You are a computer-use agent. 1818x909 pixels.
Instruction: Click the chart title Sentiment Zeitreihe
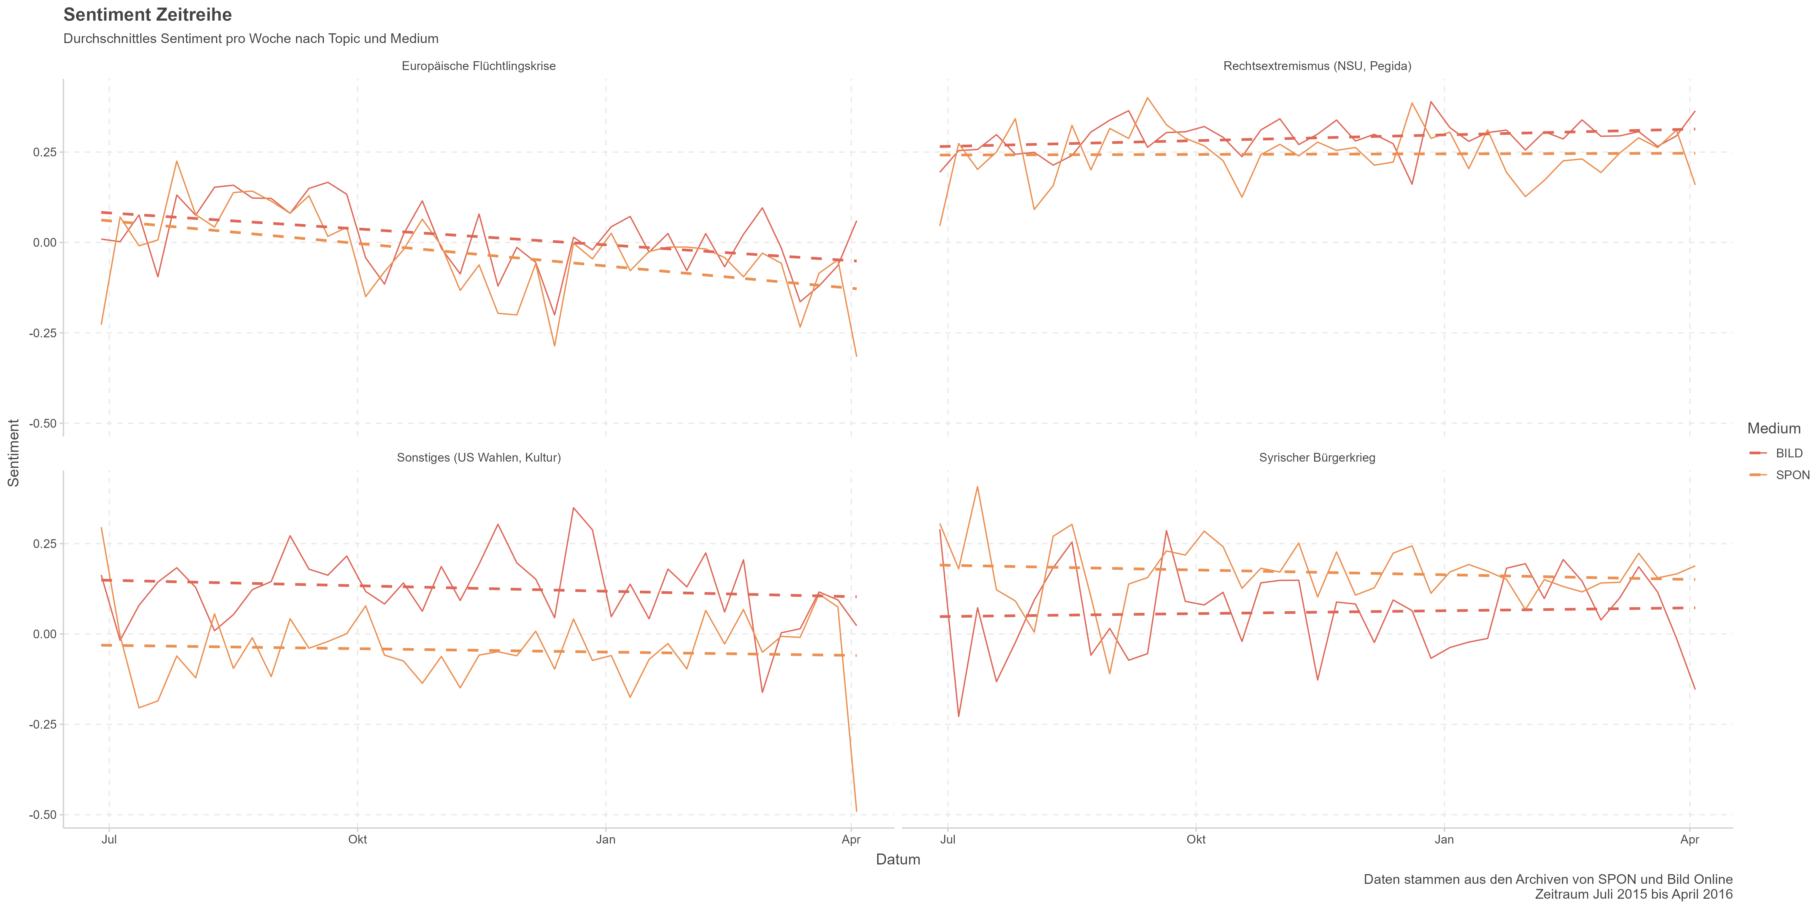(x=148, y=15)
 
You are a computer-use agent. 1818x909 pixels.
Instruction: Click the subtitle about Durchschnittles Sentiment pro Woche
(x=251, y=39)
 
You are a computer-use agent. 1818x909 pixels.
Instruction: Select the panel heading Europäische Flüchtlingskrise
(x=478, y=66)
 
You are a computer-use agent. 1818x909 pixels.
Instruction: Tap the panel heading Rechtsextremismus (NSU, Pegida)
(x=1317, y=66)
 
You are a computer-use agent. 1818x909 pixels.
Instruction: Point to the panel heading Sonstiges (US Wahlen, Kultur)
(x=478, y=458)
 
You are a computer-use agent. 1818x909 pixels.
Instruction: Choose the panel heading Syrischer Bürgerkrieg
(x=1317, y=458)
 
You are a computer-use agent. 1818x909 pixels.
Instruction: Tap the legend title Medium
(x=1773, y=428)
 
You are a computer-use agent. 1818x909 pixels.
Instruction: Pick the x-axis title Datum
(x=898, y=860)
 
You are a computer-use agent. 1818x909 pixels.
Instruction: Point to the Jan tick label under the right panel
(x=1444, y=840)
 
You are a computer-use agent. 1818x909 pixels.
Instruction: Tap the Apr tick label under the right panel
(x=1690, y=840)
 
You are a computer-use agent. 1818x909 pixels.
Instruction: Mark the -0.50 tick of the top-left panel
(x=42, y=423)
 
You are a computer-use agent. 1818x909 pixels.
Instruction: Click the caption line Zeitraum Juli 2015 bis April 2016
(x=1633, y=894)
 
